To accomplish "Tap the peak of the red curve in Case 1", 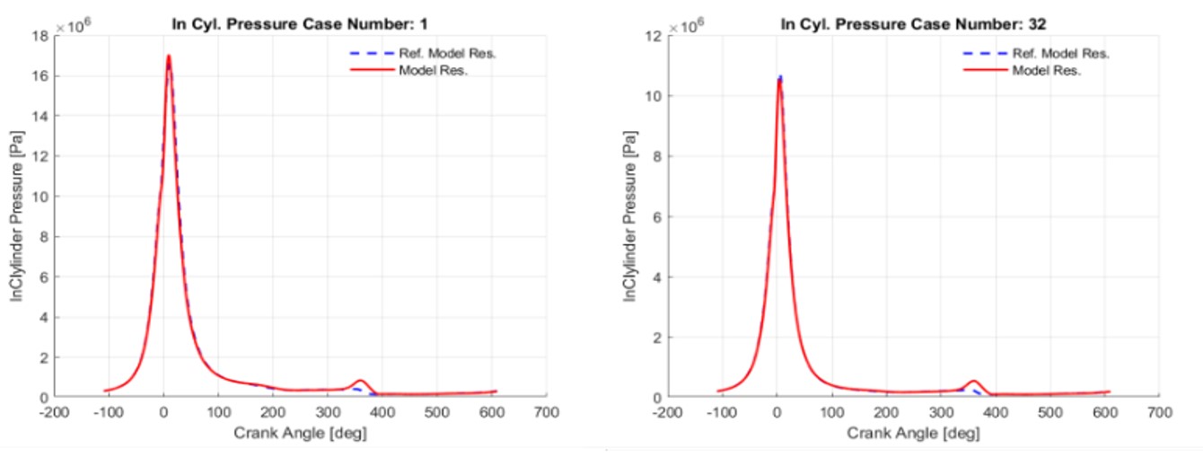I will tap(168, 57).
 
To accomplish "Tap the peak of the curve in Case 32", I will tap(780, 79).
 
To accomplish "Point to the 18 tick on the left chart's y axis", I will tap(41, 36).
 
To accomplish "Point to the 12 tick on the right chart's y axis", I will tap(654, 36).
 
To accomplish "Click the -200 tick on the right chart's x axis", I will tap(667, 412).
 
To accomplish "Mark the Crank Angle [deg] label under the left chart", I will tap(300, 433).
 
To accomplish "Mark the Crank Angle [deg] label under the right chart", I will tap(913, 433).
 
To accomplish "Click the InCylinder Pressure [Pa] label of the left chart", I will tap(17, 215).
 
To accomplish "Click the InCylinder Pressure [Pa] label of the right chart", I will tap(631, 215).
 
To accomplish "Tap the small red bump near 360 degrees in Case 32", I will tap(973, 382).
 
